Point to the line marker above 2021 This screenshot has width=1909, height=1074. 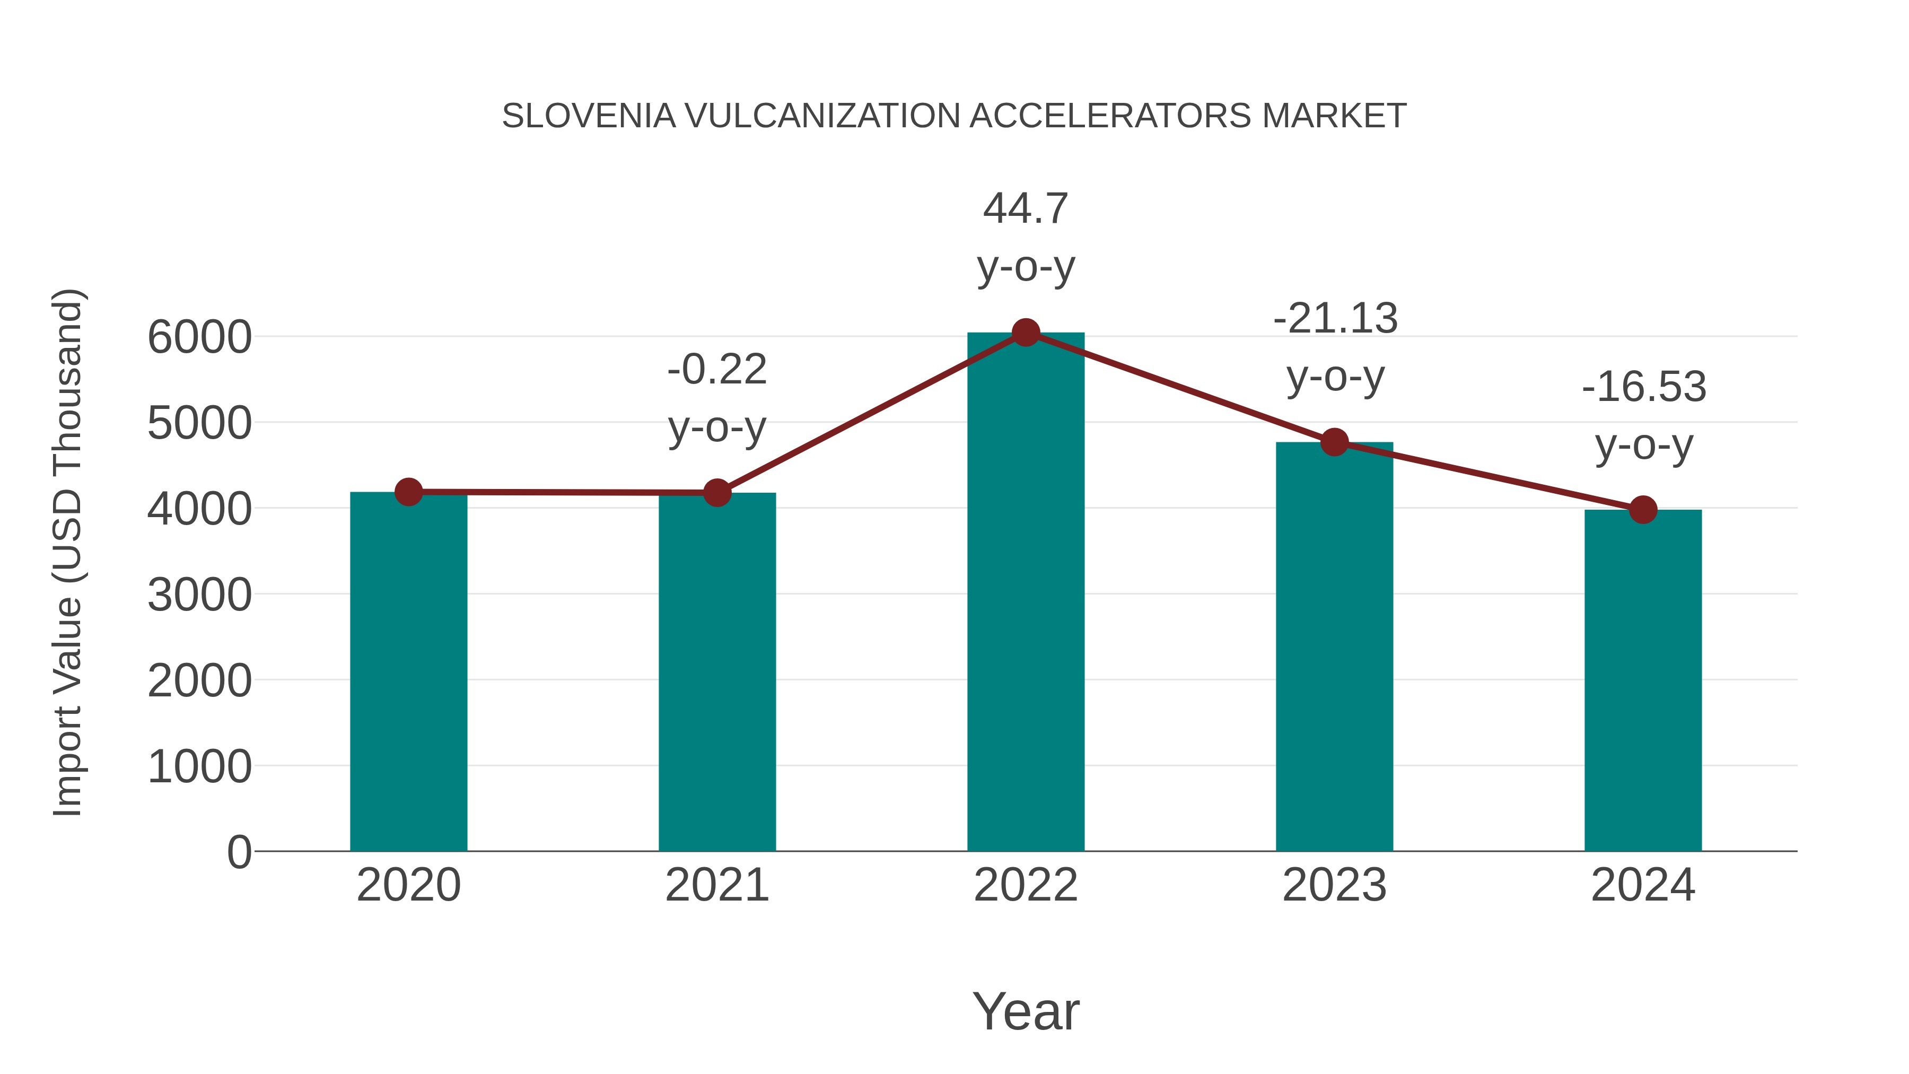[716, 492]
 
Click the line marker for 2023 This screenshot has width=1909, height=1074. [1334, 442]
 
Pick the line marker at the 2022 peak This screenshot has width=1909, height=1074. [1026, 333]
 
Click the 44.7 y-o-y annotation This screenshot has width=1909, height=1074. [1026, 208]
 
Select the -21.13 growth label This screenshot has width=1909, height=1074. [1335, 319]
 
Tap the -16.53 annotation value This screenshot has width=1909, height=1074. [1644, 387]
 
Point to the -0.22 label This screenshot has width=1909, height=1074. [716, 369]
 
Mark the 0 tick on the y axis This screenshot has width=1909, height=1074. [239, 852]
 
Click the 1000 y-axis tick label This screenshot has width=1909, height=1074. [199, 766]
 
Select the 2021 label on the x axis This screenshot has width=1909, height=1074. [716, 885]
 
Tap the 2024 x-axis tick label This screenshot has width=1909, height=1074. [1643, 885]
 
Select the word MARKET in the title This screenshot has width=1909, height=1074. [1334, 116]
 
